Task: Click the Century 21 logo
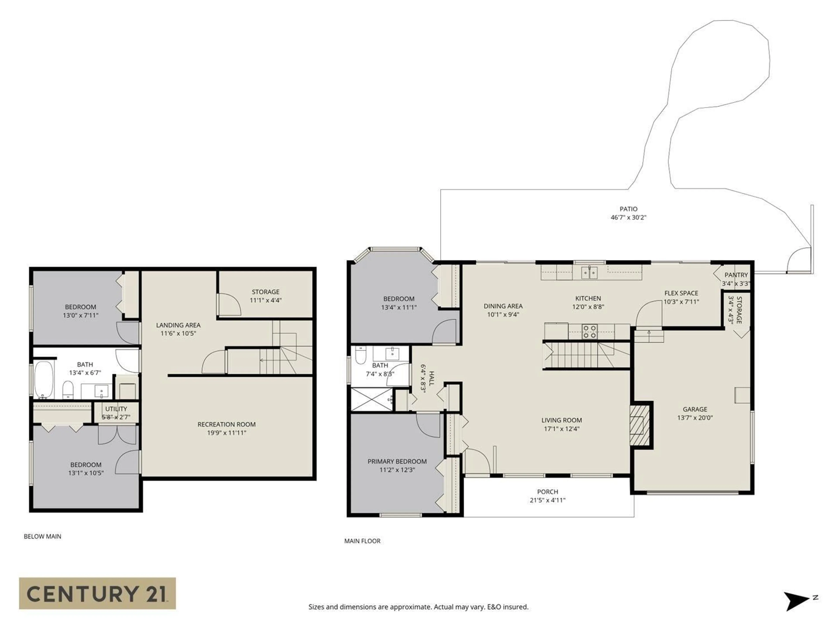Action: (x=97, y=593)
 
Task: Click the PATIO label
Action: (x=628, y=209)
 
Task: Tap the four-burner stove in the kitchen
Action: (x=589, y=332)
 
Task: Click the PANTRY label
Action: (x=736, y=275)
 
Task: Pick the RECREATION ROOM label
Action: (x=226, y=424)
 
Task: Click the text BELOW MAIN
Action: (x=42, y=536)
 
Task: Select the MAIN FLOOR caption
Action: (x=362, y=541)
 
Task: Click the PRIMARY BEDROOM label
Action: (x=397, y=461)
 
